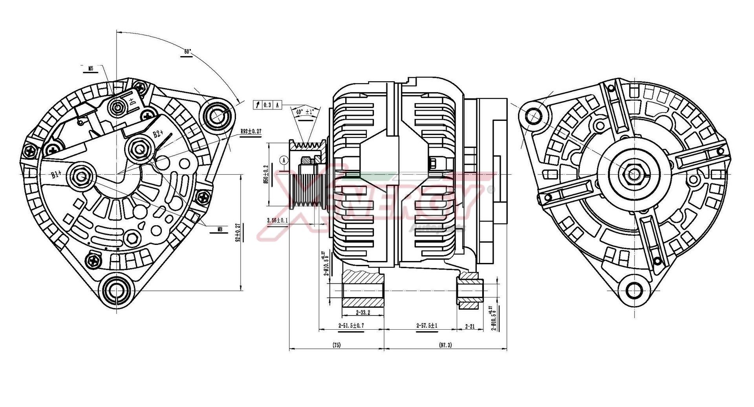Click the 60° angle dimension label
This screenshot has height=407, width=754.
click(187, 52)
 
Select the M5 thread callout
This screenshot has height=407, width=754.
click(91, 68)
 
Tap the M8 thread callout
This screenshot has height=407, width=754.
click(220, 229)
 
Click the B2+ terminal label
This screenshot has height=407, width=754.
click(158, 133)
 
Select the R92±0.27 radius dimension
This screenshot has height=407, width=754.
click(251, 132)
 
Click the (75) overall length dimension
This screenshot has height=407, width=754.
click(337, 345)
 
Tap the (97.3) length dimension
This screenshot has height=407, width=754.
click(445, 345)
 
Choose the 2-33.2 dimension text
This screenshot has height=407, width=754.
click(362, 313)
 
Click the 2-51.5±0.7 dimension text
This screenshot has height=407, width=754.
click(351, 326)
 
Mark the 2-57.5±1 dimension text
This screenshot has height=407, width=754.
click(427, 326)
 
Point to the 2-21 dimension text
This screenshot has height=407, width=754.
click(470, 326)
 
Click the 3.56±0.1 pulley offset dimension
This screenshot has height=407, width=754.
click(277, 221)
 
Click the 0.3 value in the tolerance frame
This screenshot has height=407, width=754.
click(267, 105)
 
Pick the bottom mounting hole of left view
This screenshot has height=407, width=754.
click(116, 290)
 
